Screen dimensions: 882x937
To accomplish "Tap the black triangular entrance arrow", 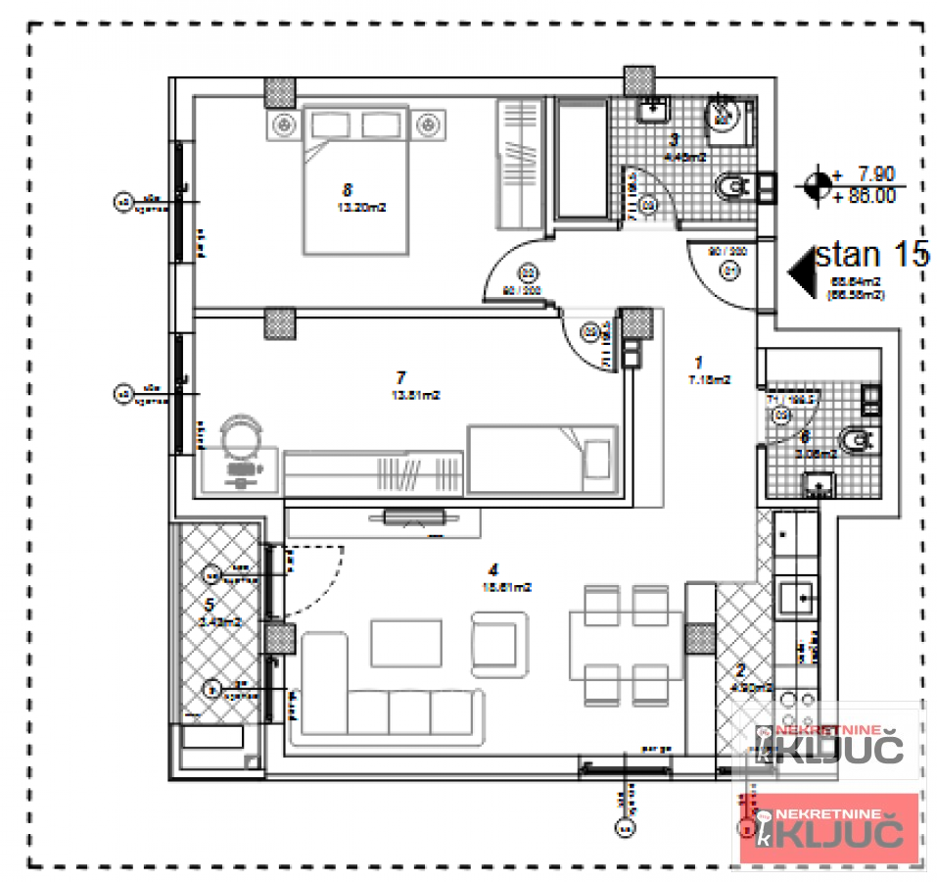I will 802,269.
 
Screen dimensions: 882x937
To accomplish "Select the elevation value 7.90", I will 875,174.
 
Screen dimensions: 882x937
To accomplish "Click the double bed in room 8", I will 355,181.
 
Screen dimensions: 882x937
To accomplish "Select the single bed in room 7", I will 542,459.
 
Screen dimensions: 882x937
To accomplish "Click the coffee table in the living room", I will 405,643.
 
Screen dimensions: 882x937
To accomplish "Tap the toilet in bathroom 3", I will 733,185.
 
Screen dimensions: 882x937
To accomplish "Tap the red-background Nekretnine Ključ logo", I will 827,829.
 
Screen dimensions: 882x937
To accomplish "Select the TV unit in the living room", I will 416,518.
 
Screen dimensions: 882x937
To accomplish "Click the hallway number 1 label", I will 699,360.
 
